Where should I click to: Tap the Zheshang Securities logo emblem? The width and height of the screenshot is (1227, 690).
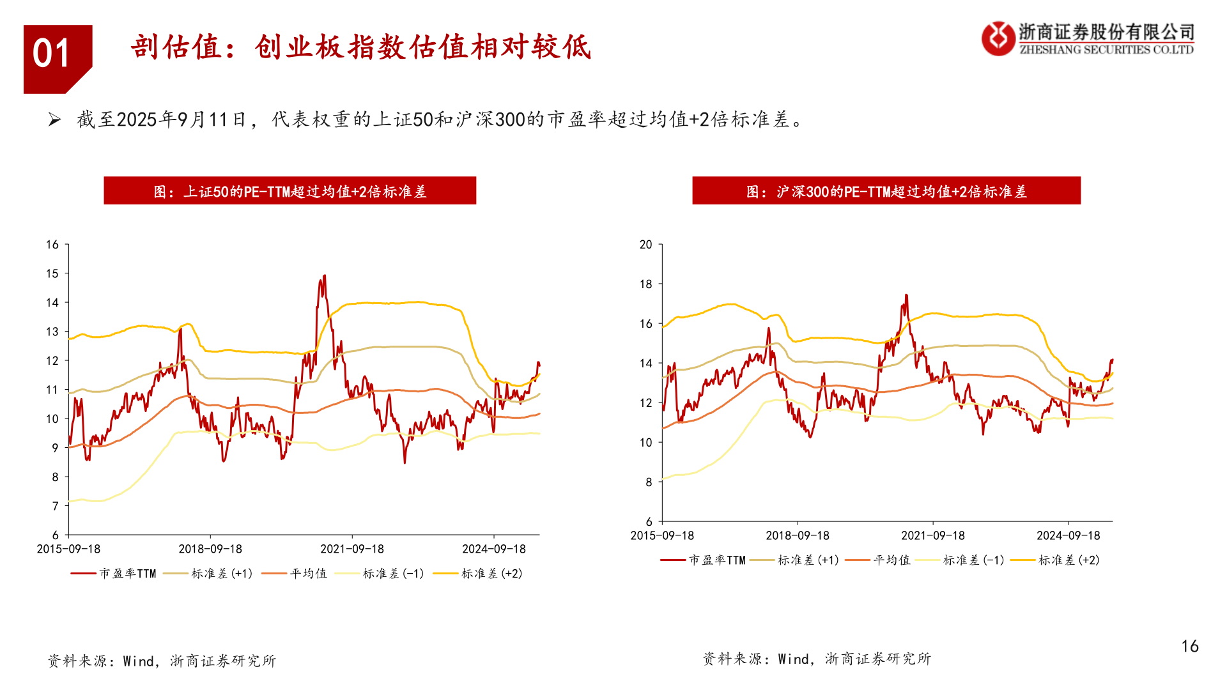[x=998, y=38]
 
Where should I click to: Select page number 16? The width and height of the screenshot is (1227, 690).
[x=1189, y=647]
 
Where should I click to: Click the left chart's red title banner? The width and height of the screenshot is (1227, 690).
[x=289, y=191]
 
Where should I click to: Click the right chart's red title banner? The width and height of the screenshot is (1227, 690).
[x=886, y=191]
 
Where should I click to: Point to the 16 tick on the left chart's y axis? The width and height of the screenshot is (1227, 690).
[x=52, y=245]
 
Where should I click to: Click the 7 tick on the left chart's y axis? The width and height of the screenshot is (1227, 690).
[x=55, y=506]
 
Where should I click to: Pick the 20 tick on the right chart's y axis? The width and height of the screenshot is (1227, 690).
[x=646, y=245]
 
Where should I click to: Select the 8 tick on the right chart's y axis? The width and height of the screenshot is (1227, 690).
[x=649, y=482]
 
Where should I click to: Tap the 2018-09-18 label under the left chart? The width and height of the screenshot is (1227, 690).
[x=210, y=549]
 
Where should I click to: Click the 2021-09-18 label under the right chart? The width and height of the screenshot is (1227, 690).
[x=932, y=536]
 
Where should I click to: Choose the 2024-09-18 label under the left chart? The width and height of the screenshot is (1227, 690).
[x=493, y=549]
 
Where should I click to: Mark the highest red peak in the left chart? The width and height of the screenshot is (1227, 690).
[x=325, y=276]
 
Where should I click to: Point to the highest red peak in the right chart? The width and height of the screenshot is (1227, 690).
[x=906, y=295]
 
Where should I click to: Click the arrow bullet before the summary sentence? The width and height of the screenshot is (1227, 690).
[x=55, y=119]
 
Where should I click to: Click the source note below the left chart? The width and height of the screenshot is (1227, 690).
[x=162, y=661]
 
